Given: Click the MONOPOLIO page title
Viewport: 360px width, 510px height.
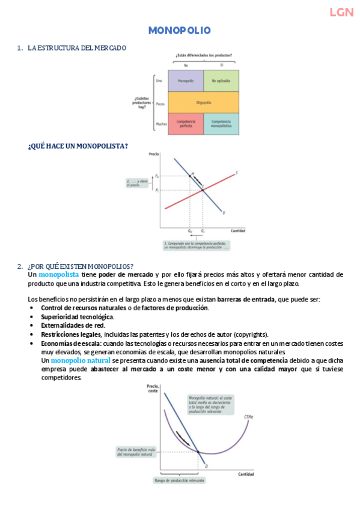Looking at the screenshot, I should coord(179,30).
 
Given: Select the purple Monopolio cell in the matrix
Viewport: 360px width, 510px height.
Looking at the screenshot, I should coord(186,80).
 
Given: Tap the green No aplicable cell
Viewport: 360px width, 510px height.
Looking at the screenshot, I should coord(221,80).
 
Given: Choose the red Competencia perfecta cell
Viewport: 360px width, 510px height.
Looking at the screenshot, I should coord(186,123).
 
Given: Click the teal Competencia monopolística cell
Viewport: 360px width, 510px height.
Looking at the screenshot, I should coord(221,123).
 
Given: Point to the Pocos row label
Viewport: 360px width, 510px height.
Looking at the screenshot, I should coord(160,103).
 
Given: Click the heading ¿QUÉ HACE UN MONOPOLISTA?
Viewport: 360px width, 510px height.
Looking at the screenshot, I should coord(78,146).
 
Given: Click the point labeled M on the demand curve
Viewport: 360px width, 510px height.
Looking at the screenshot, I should coord(192,174).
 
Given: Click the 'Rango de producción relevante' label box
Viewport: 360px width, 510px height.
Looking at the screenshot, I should coord(180,480).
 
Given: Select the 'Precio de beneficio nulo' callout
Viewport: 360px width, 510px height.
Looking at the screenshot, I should coord(136,451).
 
